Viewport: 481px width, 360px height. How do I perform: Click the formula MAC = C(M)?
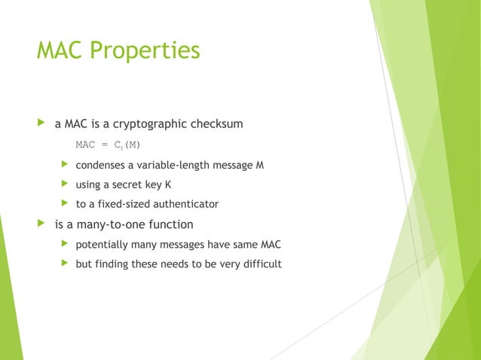(x=108, y=145)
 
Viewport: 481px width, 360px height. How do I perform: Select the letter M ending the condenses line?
(x=259, y=165)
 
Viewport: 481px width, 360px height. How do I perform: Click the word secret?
(x=129, y=185)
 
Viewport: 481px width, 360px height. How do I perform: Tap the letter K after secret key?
(x=168, y=185)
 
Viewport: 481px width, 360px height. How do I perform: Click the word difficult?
(x=260, y=264)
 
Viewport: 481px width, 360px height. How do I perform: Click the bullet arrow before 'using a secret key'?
(x=65, y=185)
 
